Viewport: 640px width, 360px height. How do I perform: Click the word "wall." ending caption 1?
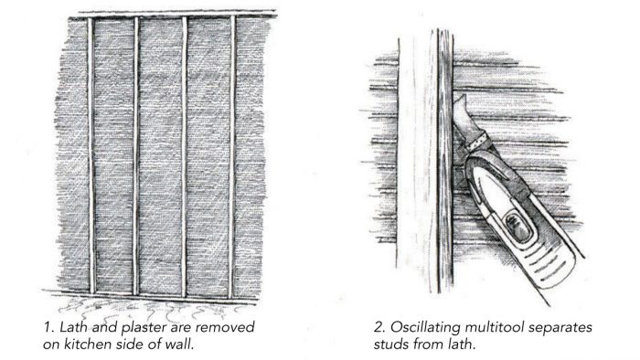(x=178, y=344)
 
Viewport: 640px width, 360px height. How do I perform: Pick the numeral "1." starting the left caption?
(x=49, y=327)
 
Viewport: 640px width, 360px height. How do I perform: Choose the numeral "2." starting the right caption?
(x=379, y=327)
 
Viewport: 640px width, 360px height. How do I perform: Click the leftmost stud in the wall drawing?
(x=91, y=155)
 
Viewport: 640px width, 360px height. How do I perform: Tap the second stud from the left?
(x=137, y=155)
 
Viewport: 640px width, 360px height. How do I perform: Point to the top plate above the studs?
(x=174, y=16)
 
